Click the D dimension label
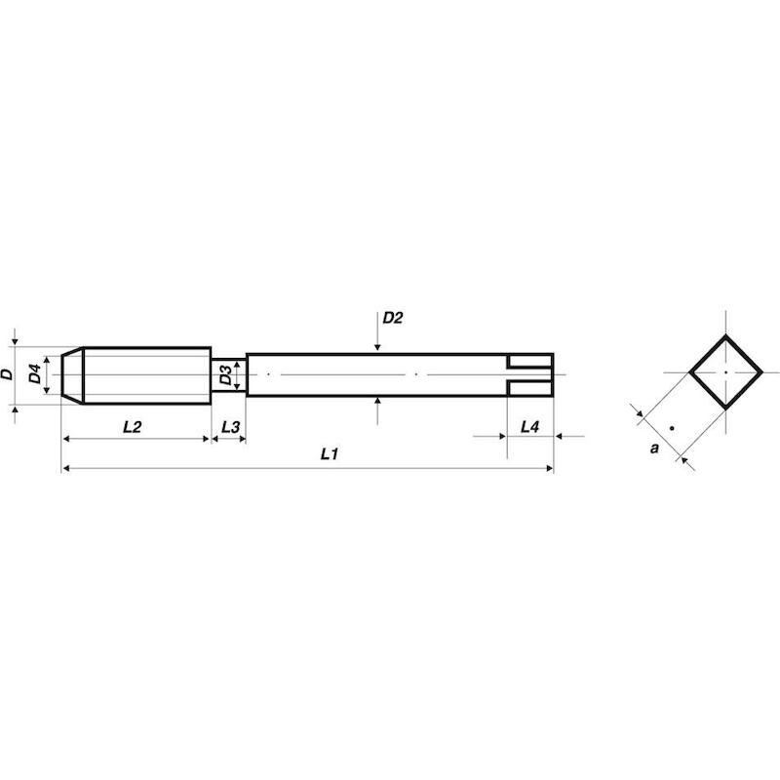[7, 374]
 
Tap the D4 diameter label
[34, 374]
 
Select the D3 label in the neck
[225, 374]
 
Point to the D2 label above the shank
[393, 318]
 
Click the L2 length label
[133, 427]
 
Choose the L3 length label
[230, 427]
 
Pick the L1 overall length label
[329, 453]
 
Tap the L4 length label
[529, 427]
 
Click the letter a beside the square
[654, 448]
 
